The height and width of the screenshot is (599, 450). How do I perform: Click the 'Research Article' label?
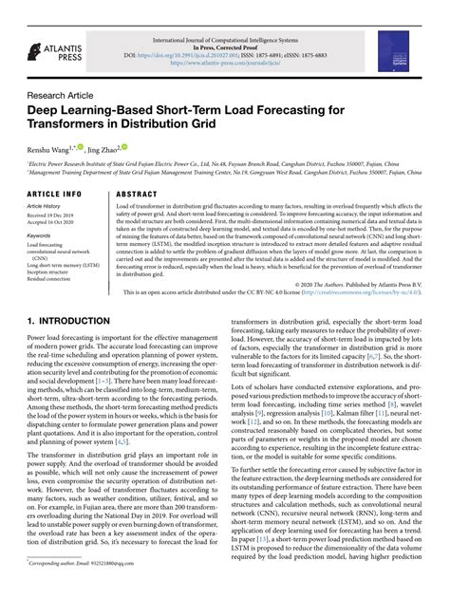pyautogui.click(x=61, y=96)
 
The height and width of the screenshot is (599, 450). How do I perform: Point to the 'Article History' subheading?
pyautogui.click(x=45, y=205)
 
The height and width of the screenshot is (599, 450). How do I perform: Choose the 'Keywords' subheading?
pyautogui.click(x=40, y=235)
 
